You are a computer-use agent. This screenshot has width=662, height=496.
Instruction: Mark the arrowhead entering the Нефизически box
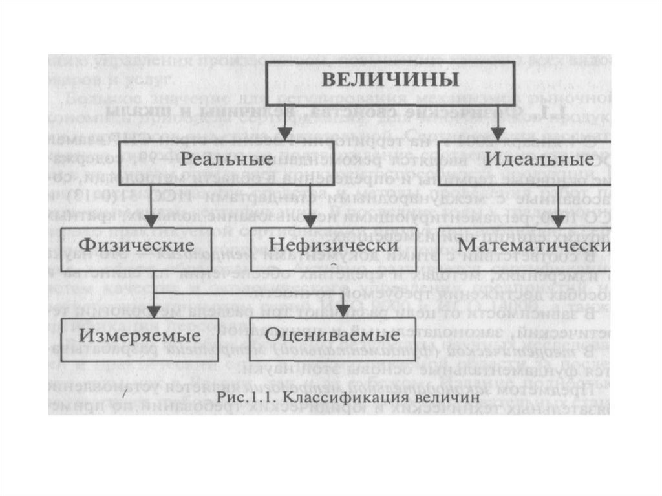311,221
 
